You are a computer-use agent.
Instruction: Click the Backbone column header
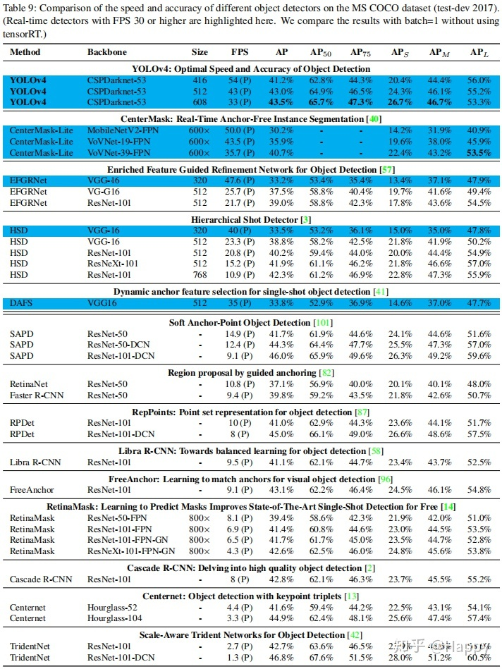[x=106, y=52]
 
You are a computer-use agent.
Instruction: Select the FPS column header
[x=240, y=52]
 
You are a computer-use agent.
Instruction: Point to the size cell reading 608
[x=200, y=102]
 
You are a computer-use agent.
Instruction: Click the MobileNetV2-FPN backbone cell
[x=121, y=130]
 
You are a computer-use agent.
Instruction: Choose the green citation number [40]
[x=375, y=118]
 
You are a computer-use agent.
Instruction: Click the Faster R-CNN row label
[x=37, y=395]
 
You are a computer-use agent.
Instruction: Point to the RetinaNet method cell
[x=30, y=384]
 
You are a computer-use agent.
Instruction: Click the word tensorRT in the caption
[x=24, y=34]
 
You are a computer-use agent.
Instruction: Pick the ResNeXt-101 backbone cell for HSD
[x=112, y=263]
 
